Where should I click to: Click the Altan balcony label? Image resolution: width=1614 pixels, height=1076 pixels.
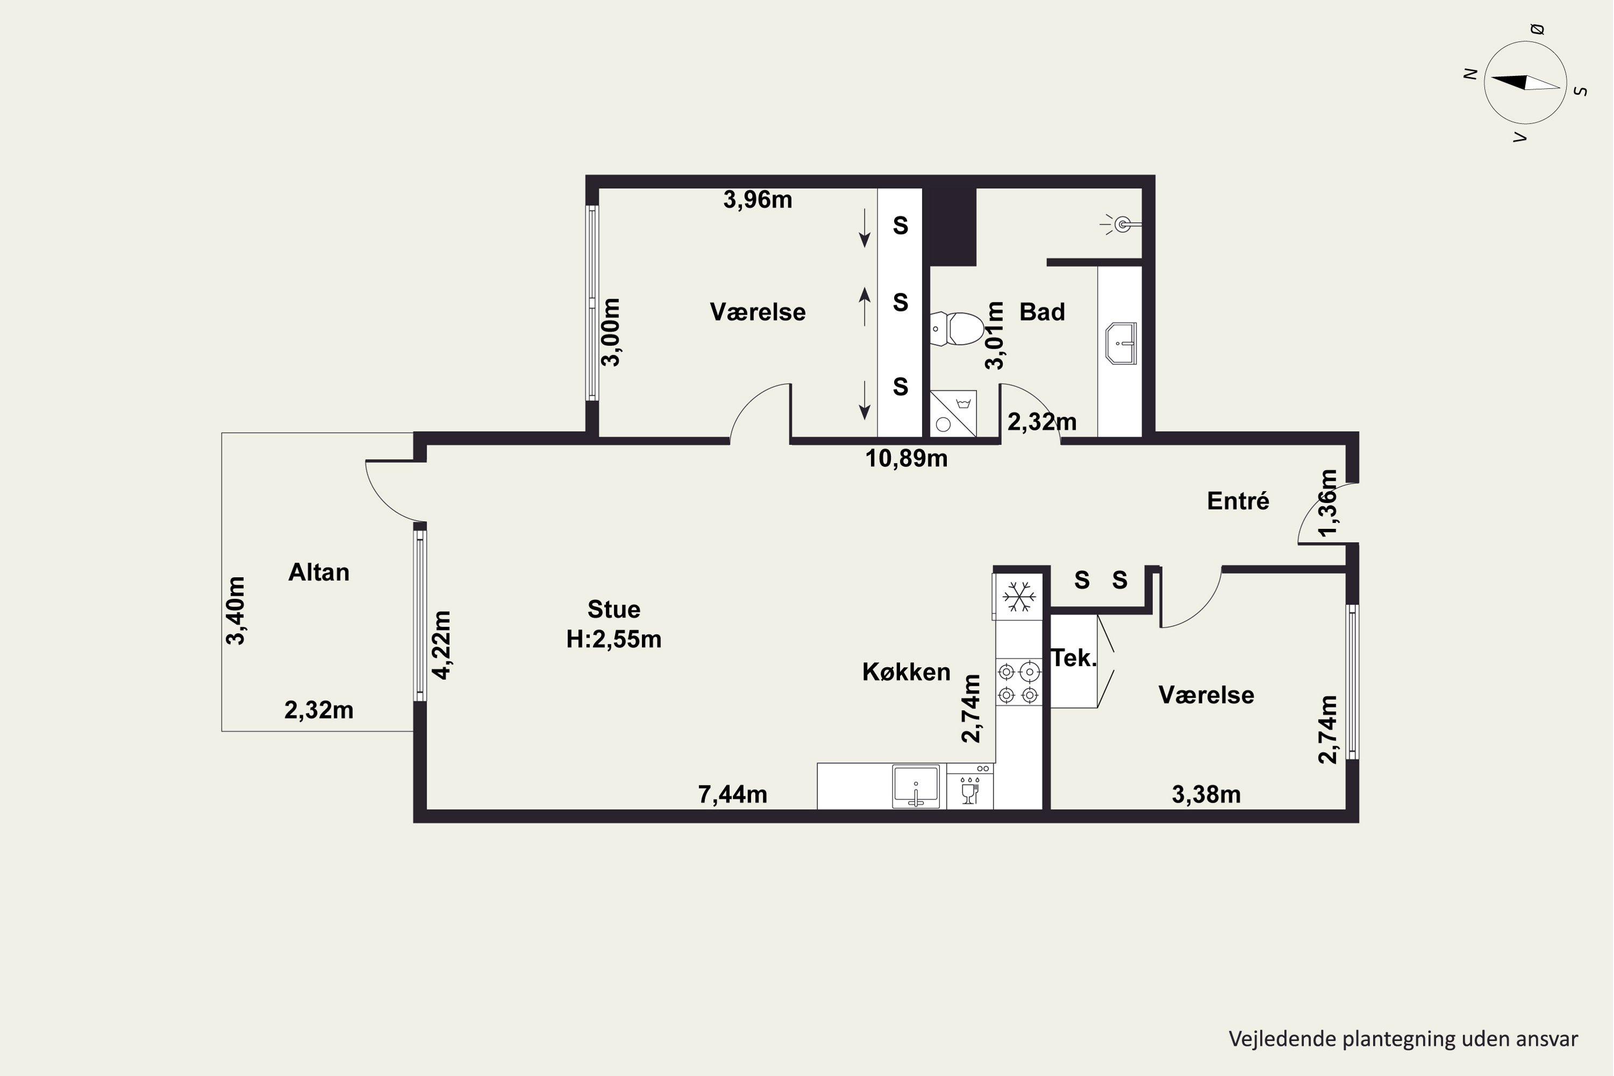point(318,572)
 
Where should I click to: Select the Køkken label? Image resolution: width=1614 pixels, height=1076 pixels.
point(906,672)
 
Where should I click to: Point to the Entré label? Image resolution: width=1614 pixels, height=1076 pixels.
point(1238,501)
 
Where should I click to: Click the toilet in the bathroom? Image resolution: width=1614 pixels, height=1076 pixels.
point(957,329)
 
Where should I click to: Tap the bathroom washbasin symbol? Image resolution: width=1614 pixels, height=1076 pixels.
point(1121,343)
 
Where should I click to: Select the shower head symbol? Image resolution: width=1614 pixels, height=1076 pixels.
point(1121,224)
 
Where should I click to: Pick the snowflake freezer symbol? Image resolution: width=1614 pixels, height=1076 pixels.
point(1019,596)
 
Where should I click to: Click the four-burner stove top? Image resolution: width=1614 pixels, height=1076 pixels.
point(1018,683)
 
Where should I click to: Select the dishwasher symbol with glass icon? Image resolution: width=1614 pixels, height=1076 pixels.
point(969,787)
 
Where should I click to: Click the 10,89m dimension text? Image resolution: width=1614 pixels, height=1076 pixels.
point(906,458)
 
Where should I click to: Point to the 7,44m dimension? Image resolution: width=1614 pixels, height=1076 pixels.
point(732,795)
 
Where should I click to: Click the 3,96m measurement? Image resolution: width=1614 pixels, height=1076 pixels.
point(758,200)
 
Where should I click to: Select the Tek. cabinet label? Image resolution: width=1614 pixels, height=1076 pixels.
point(1074,658)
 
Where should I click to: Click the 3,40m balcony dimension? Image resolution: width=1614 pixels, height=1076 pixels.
point(236,611)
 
